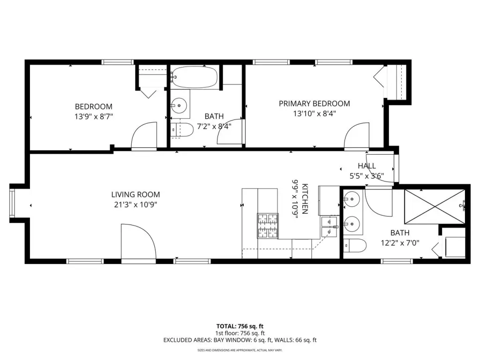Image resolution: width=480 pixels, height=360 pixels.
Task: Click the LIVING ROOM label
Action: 135,195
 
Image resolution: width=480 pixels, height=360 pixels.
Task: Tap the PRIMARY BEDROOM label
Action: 315,104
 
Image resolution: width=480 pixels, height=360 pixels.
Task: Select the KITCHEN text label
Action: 305,199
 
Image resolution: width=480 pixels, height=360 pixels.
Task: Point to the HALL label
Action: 367,166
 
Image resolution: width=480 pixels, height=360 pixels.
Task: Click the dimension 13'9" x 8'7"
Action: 94,117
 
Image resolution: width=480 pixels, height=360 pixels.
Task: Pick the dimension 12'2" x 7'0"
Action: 400,243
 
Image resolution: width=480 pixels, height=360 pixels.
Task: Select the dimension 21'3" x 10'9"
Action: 135,204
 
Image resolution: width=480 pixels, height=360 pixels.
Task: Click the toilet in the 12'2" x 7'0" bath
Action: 355,246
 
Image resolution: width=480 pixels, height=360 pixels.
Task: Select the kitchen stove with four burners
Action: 268,226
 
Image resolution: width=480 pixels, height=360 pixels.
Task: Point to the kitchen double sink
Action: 329,227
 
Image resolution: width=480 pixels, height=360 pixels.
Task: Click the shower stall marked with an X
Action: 435,207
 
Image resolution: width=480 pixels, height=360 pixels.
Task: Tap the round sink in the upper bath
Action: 179,105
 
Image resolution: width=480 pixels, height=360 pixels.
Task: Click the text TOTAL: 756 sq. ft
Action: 240,326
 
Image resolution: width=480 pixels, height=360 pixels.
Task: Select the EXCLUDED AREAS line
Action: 240,340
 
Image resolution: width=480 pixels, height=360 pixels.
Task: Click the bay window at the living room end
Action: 12,203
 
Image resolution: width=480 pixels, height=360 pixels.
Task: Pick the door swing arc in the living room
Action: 139,241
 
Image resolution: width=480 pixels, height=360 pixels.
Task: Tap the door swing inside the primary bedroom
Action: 357,135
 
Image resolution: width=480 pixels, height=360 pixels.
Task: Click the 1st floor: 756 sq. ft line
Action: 240,333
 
